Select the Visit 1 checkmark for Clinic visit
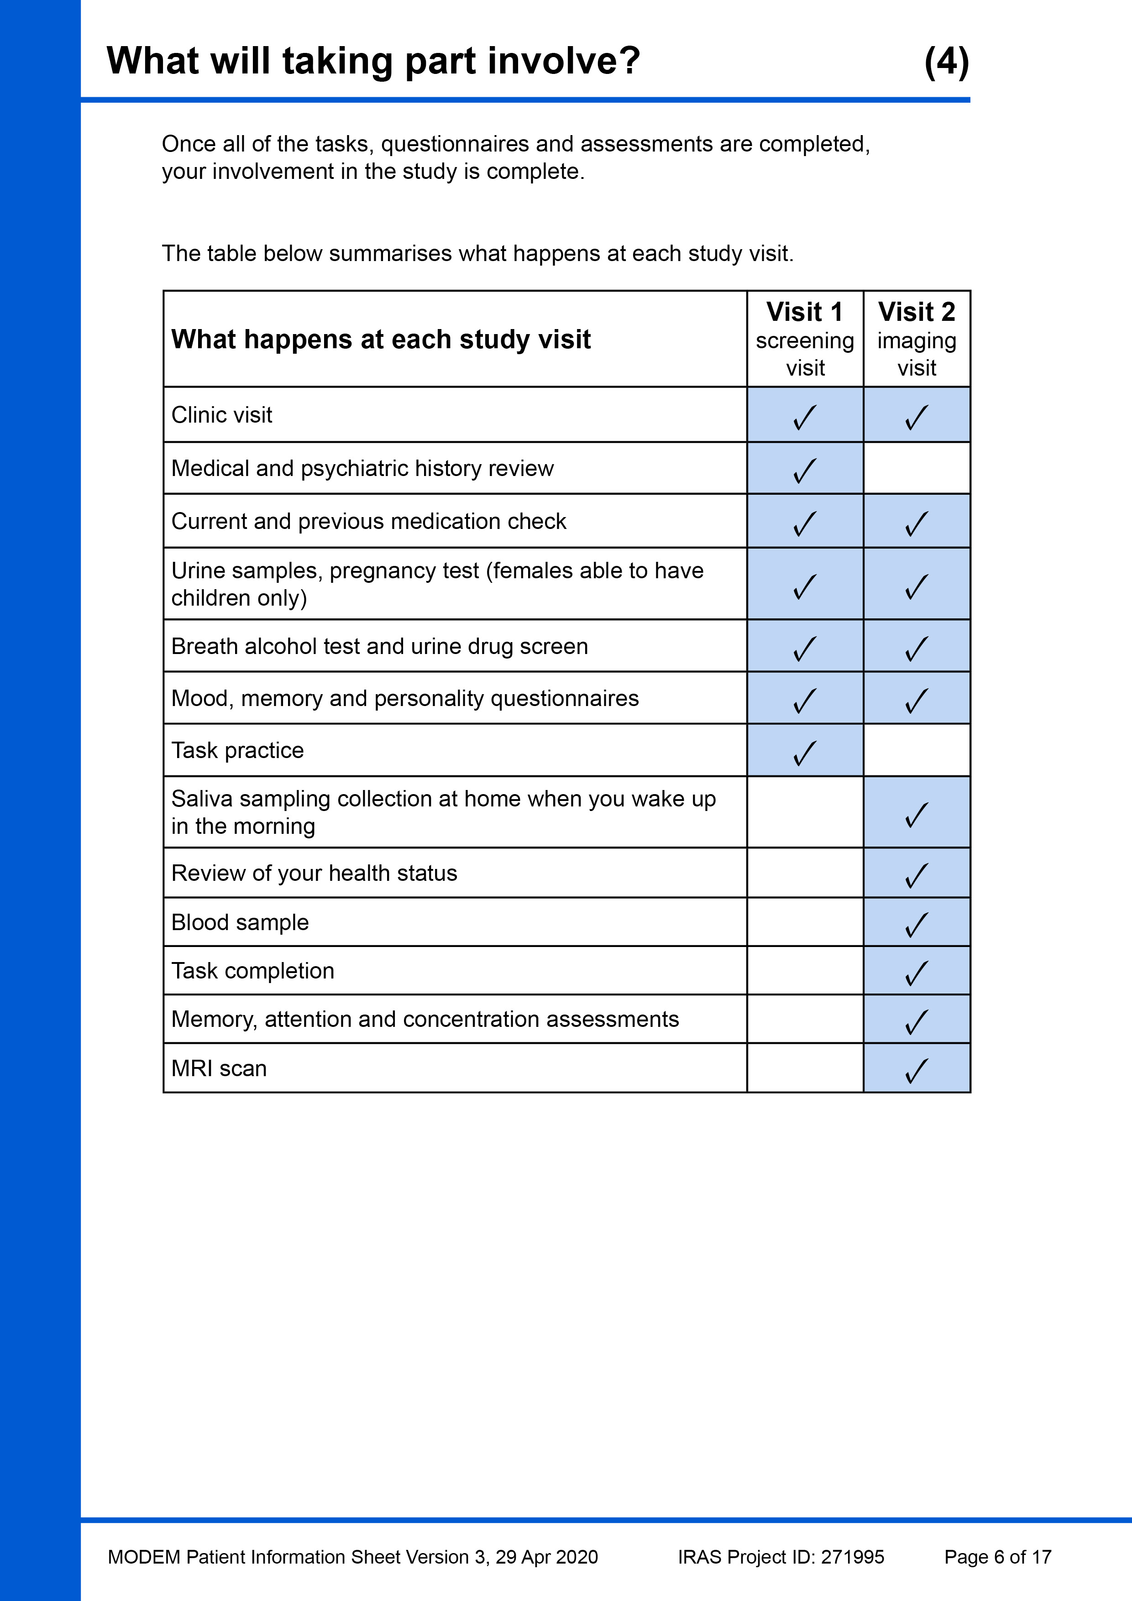tap(804, 417)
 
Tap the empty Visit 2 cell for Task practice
tap(917, 750)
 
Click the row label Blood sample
tap(240, 922)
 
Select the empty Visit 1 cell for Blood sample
tap(805, 922)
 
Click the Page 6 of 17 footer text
tap(997, 1557)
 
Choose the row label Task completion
tap(252, 971)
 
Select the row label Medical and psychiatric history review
tap(362, 469)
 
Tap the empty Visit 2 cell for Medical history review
tap(917, 469)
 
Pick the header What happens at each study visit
tap(381, 340)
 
